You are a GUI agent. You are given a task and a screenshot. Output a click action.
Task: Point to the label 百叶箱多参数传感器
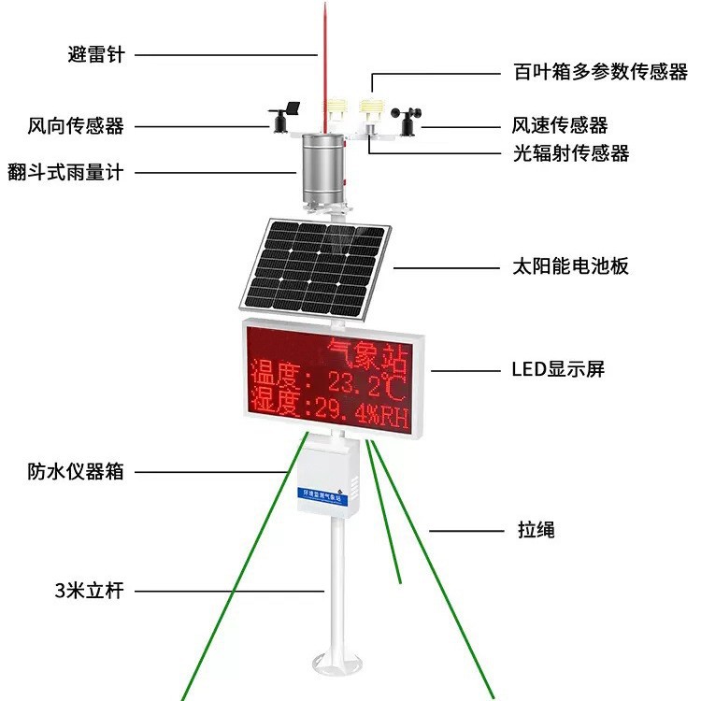pos(600,72)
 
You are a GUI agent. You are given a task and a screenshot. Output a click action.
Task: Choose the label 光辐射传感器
pos(570,153)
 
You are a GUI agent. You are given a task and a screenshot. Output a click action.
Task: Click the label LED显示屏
pos(558,369)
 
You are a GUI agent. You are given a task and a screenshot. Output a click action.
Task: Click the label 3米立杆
pos(89,591)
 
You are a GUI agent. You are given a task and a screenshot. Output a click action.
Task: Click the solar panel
pos(316,265)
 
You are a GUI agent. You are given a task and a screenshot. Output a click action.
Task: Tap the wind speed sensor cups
pos(408,117)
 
